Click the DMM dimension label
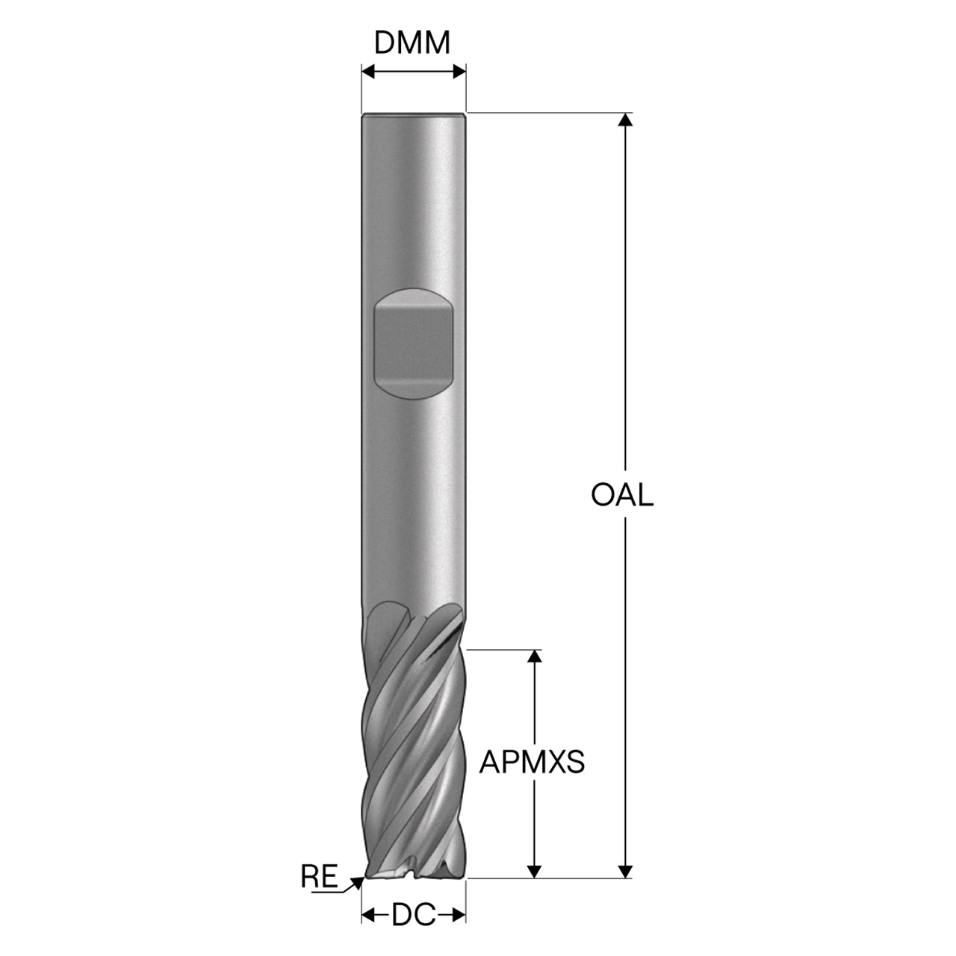pyautogui.click(x=412, y=43)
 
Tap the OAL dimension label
pyautogui.click(x=622, y=494)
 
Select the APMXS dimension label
pyautogui.click(x=532, y=762)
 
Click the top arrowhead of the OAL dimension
pyautogui.click(x=626, y=119)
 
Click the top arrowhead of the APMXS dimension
pyautogui.click(x=534, y=656)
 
